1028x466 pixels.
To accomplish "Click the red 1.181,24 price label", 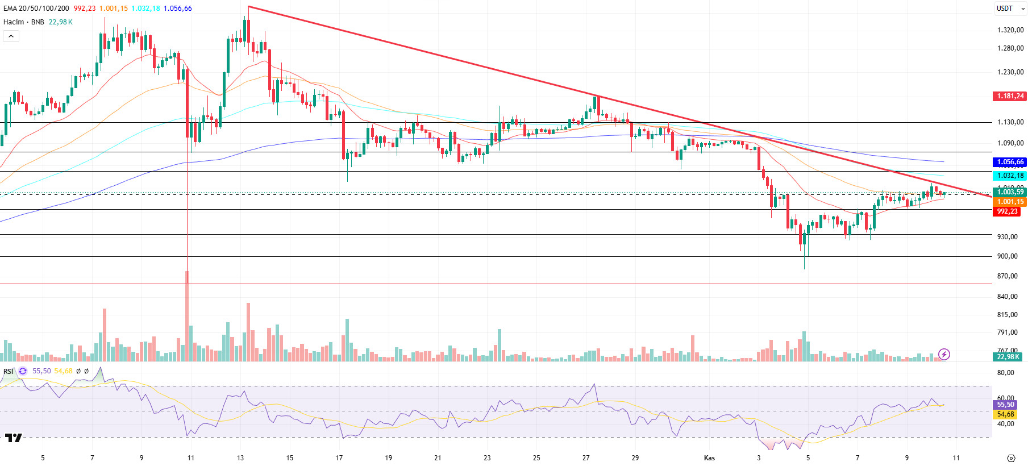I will pyautogui.click(x=1010, y=96).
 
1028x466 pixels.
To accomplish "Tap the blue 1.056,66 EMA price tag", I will pyautogui.click(x=1010, y=162).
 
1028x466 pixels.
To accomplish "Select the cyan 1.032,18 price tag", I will pyautogui.click(x=1010, y=176).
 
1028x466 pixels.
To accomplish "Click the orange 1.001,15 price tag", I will pyautogui.click(x=1010, y=202).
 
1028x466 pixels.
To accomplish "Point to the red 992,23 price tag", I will pyautogui.click(x=1007, y=211).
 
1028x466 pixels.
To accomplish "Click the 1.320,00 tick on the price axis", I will pyautogui.click(x=1010, y=30).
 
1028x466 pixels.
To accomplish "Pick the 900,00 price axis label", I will pyautogui.click(x=1007, y=256).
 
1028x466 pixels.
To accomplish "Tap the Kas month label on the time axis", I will pyautogui.click(x=709, y=458).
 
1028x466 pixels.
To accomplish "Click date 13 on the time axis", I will pyautogui.click(x=240, y=458).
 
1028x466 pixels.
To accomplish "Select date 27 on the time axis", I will pyautogui.click(x=586, y=458).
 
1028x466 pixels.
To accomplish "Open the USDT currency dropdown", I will pyautogui.click(x=1010, y=9).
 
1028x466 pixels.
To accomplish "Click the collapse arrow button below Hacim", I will pyautogui.click(x=11, y=36).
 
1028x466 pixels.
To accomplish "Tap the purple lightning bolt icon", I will pyautogui.click(x=944, y=355).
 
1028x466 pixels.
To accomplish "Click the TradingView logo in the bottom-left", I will pyautogui.click(x=13, y=438).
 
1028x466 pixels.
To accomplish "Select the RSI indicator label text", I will pyautogui.click(x=8, y=371).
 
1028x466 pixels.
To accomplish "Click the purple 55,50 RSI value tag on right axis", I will pyautogui.click(x=1005, y=405).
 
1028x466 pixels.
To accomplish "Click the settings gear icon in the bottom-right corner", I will pyautogui.click(x=1010, y=458).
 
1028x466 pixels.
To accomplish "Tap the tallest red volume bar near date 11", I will pyautogui.click(x=187, y=316).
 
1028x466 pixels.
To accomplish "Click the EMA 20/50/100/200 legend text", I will pyautogui.click(x=36, y=9).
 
